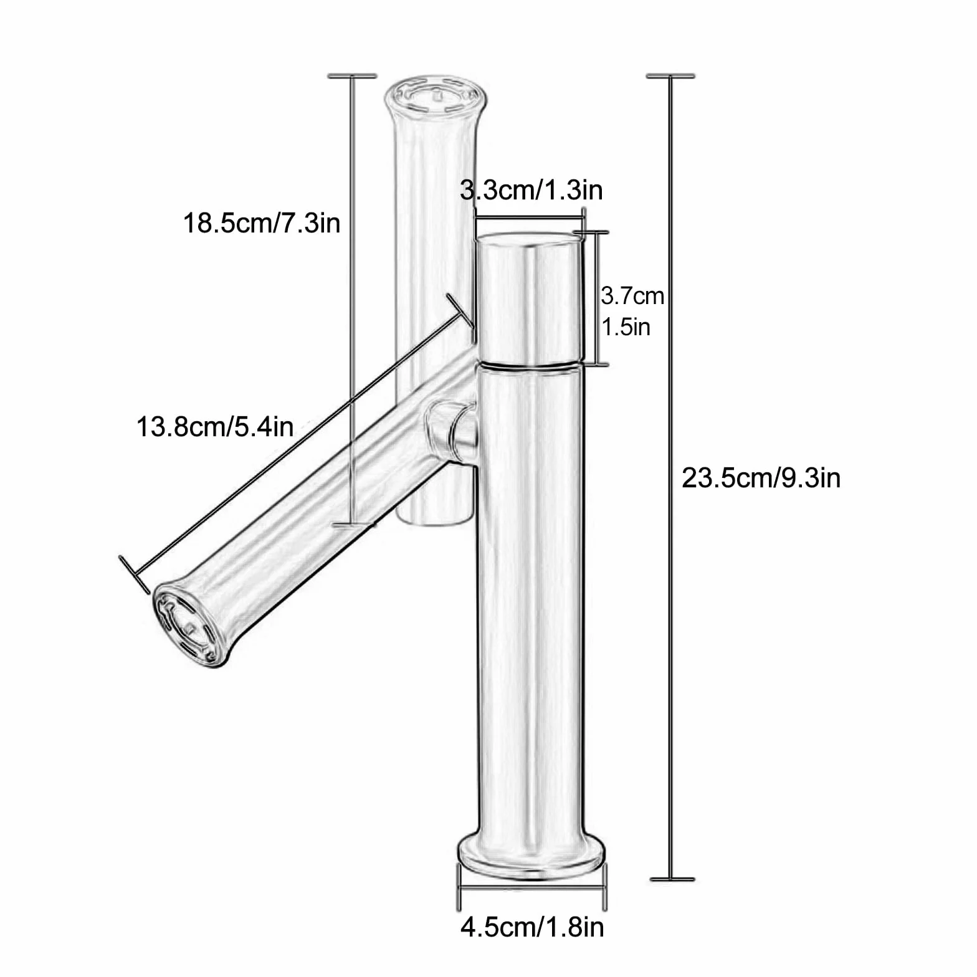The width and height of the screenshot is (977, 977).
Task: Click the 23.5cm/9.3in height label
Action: tap(761, 479)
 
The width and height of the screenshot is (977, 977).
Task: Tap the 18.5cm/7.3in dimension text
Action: tap(262, 223)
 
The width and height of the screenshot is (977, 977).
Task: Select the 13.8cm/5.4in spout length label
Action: tap(215, 427)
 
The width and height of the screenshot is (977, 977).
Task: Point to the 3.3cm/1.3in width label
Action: tap(531, 190)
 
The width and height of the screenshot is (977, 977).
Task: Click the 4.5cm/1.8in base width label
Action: tap(532, 927)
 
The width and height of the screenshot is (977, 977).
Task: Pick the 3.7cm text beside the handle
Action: tap(632, 295)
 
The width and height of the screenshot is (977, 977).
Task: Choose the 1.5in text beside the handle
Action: tap(626, 326)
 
